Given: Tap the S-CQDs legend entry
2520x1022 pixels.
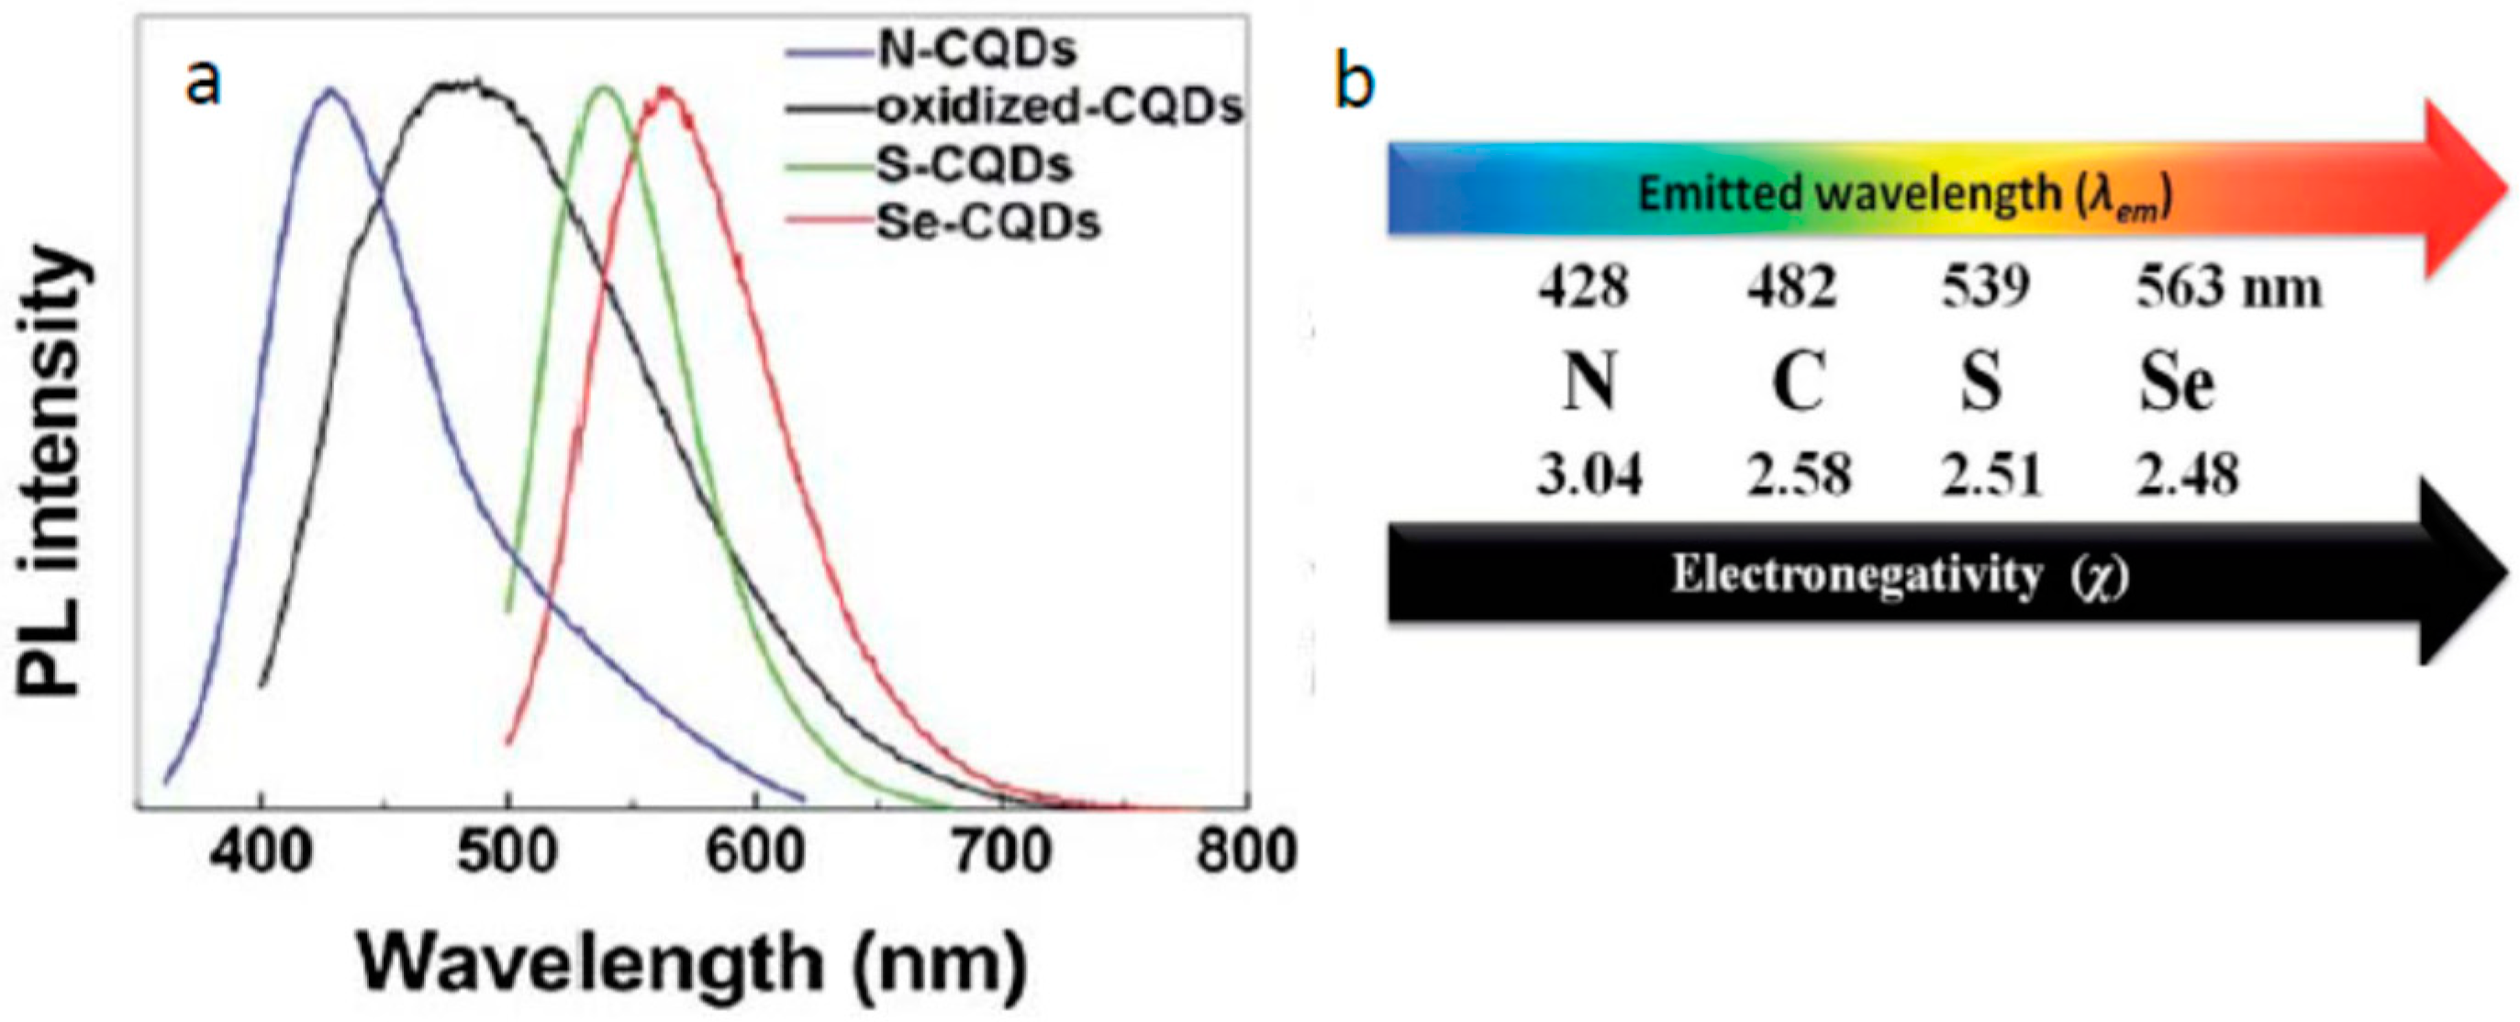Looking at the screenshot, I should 974,164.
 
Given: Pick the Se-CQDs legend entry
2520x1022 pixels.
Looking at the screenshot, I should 987,222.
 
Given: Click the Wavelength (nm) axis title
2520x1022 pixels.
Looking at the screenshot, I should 692,963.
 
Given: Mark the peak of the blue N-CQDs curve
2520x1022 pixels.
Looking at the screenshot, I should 329,89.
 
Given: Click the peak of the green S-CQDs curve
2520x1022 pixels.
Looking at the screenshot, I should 604,88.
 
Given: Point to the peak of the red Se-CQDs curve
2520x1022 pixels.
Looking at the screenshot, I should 666,89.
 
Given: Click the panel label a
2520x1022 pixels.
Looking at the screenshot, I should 203,83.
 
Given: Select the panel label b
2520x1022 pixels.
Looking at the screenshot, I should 1354,83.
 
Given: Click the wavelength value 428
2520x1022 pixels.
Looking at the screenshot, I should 1583,287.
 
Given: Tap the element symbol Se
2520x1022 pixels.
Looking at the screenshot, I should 2176,383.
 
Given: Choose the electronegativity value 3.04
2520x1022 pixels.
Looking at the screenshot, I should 1589,475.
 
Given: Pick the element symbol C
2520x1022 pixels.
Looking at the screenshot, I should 1798,383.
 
